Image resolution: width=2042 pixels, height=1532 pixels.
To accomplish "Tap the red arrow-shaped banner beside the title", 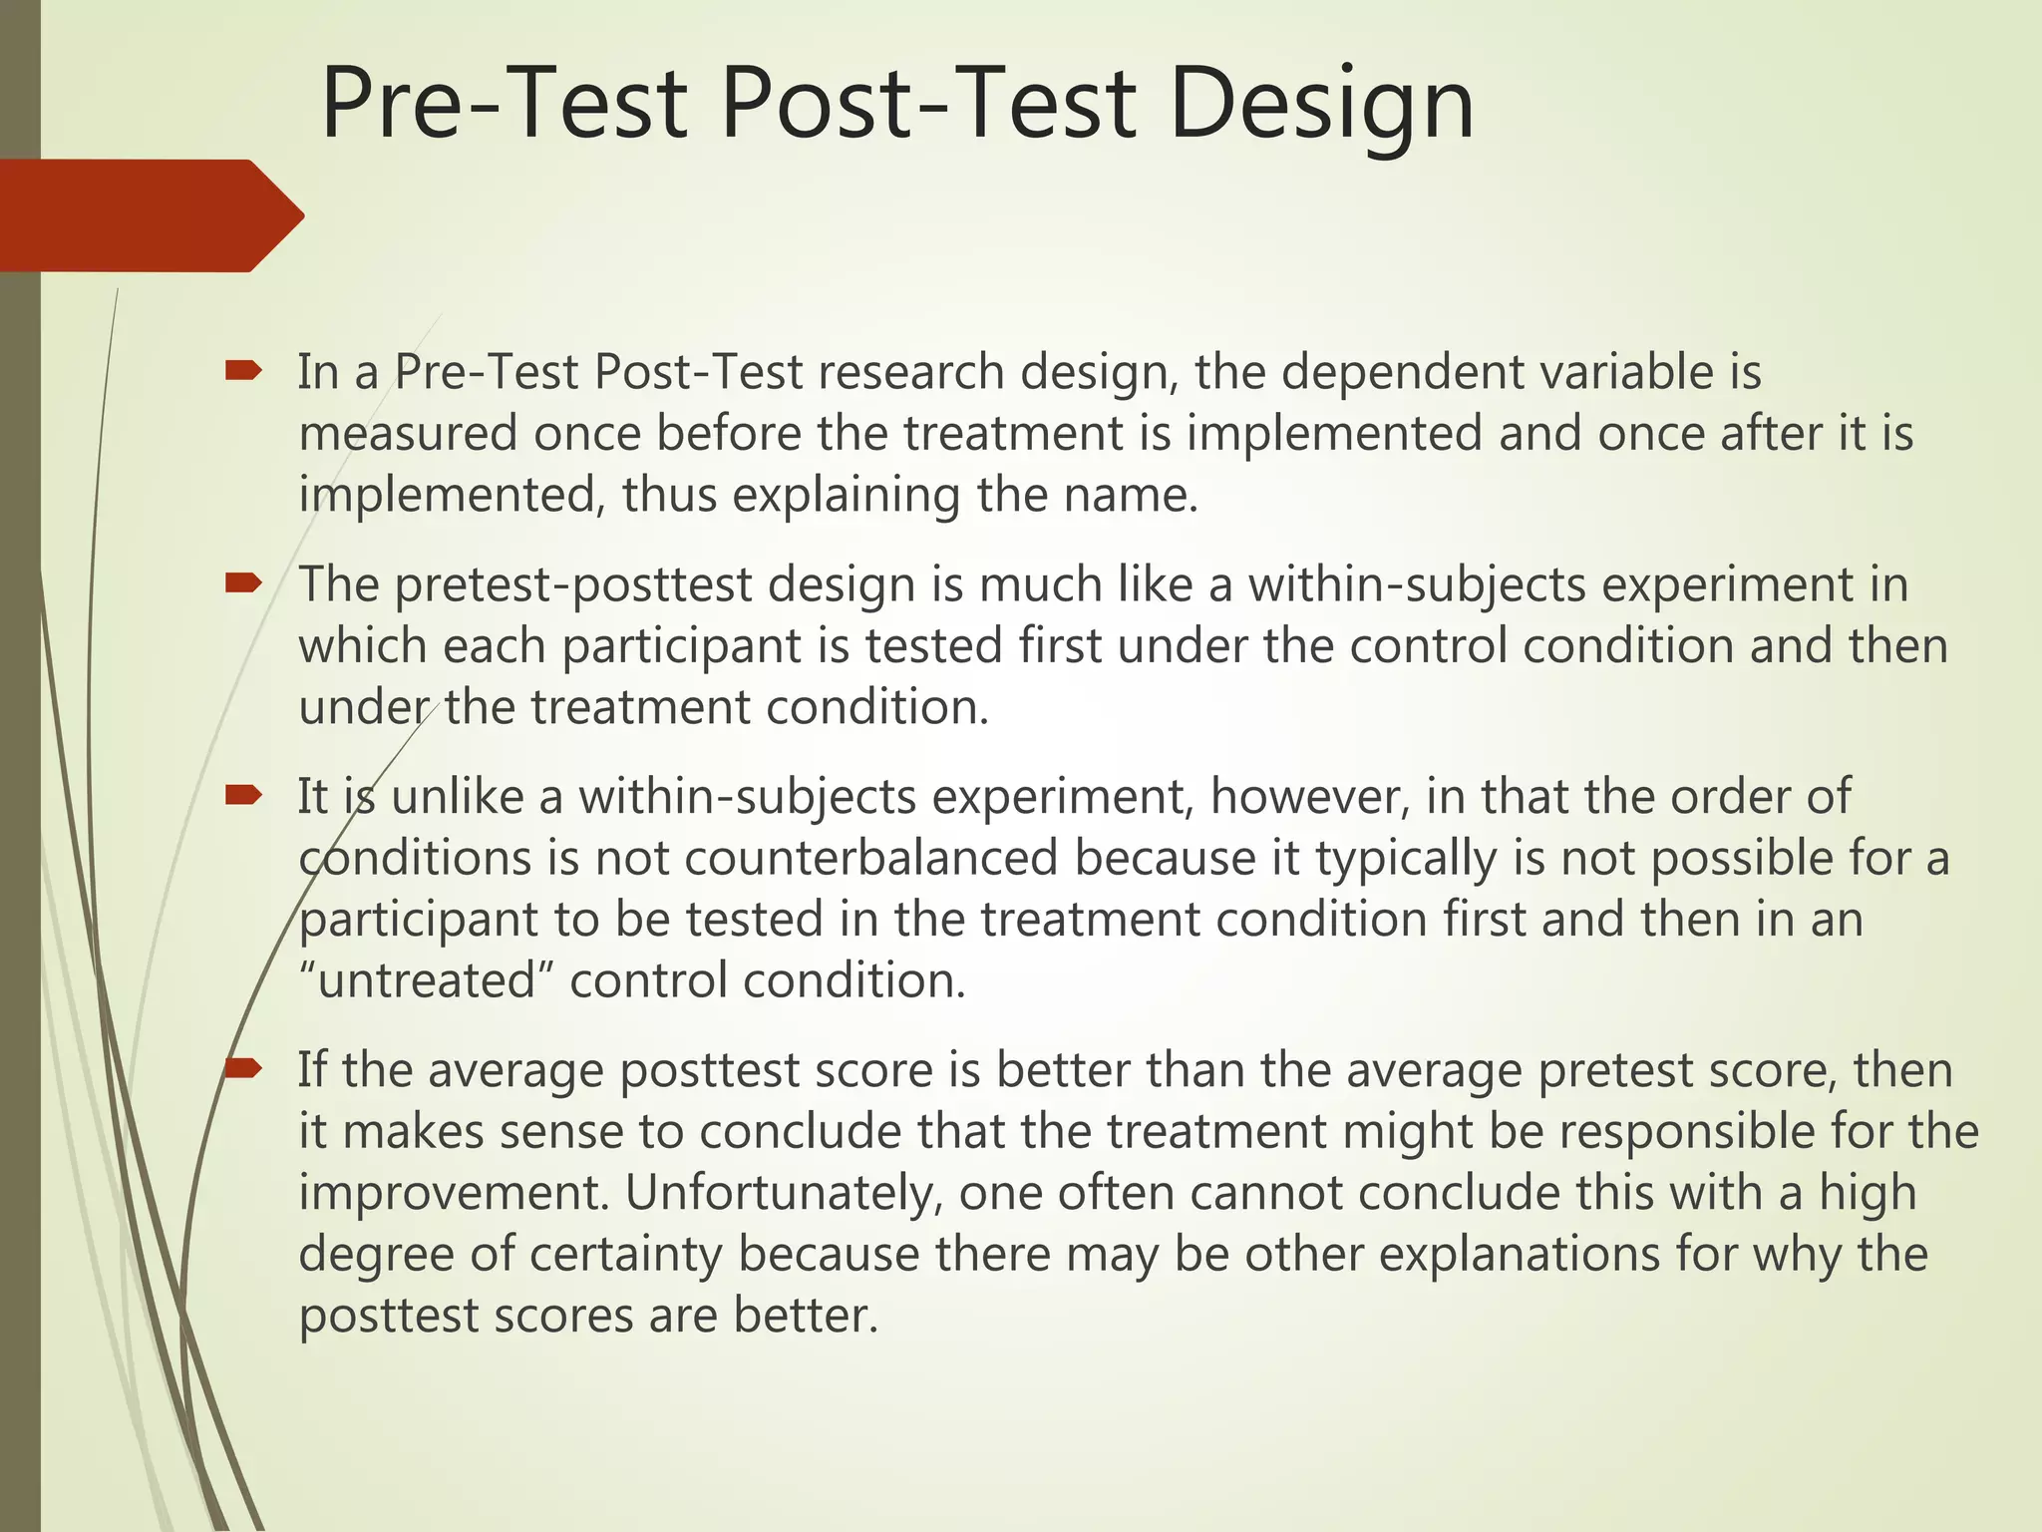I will [x=150, y=215].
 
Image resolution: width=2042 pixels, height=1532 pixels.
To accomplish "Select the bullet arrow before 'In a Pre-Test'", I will [x=242, y=372].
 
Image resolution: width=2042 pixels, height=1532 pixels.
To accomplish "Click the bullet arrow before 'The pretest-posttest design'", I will [x=242, y=583].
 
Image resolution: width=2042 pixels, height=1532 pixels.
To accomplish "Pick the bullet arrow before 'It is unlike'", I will [x=242, y=796].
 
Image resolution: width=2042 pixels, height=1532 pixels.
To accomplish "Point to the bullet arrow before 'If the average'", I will [x=242, y=1069].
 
